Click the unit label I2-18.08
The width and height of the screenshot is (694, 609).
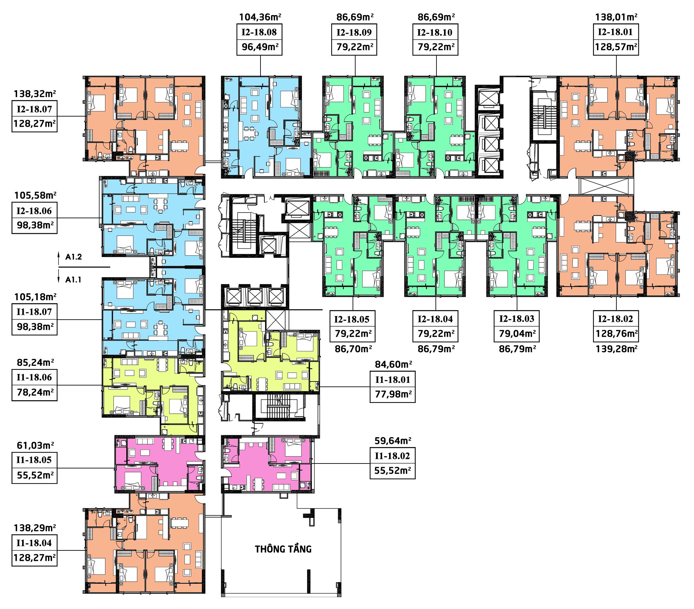(259, 32)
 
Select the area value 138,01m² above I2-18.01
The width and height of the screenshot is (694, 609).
(616, 17)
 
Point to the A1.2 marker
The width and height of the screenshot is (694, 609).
(74, 257)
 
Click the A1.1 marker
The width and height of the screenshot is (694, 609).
(74, 280)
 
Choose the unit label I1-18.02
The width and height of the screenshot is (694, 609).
(392, 456)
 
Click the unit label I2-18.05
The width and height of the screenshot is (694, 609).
(352, 319)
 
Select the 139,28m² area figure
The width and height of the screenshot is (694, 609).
(616, 349)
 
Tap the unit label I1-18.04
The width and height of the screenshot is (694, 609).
(34, 543)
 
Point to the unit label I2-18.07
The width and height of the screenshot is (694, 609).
(34, 109)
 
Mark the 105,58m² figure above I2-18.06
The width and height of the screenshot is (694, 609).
(35, 195)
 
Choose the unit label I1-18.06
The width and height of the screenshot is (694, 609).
(34, 377)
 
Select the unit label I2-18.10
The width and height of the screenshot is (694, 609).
(435, 32)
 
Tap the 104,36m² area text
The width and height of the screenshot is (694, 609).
(260, 17)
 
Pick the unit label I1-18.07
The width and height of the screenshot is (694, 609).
(34, 312)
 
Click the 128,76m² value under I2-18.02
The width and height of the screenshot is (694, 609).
(616, 333)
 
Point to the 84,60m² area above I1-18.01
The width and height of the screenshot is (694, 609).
(393, 364)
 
